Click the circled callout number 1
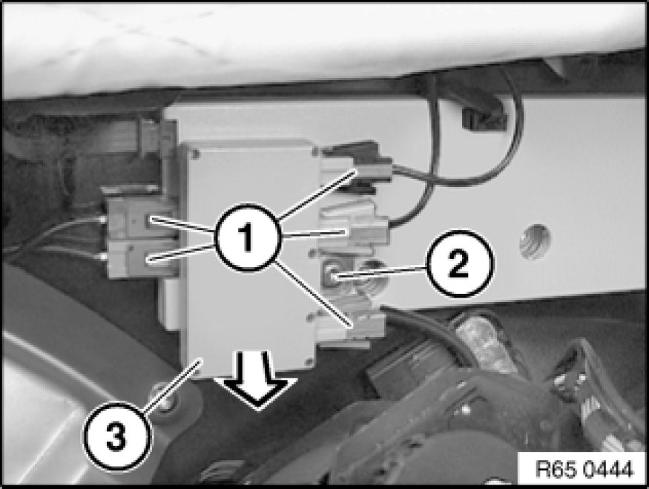tap(247, 237)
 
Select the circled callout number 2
tap(460, 263)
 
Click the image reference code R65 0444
tap(584, 470)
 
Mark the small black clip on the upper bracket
tap(484, 118)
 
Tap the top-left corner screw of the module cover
tap(194, 155)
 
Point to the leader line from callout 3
tap(173, 385)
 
